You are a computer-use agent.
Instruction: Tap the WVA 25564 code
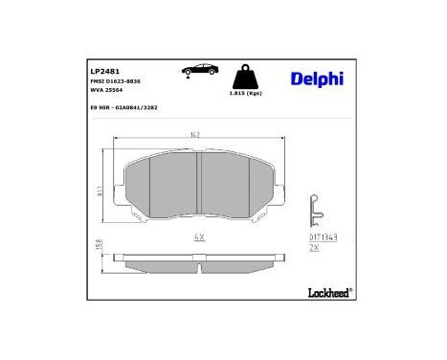(x=107, y=92)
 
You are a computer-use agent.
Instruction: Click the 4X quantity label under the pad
(x=198, y=234)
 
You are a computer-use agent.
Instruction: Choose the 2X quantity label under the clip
(x=314, y=247)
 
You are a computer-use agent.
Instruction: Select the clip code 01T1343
(x=323, y=236)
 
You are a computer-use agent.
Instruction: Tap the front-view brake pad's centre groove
(x=196, y=186)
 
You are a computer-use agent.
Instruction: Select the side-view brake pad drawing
(x=197, y=260)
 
